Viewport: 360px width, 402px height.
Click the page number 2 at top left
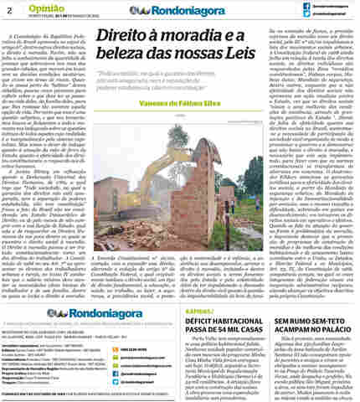(8, 11)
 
